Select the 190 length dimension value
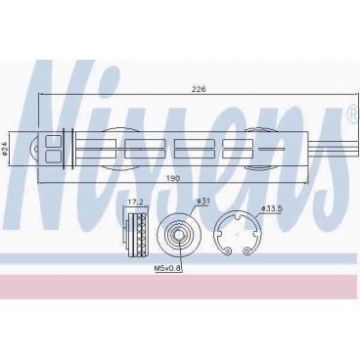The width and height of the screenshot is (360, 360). [x=172, y=180]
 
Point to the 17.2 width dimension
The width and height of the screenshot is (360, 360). [x=136, y=203]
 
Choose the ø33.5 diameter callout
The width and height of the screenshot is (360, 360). [x=271, y=208]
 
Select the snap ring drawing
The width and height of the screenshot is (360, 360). [x=239, y=235]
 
